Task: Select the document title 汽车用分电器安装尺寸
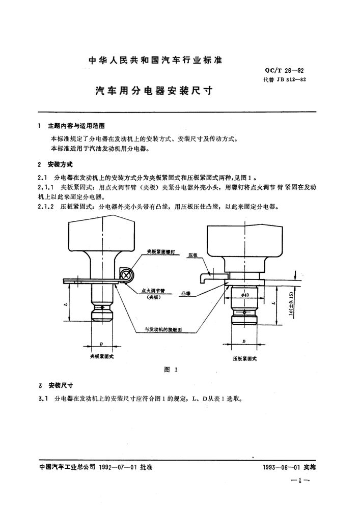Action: pos(154,91)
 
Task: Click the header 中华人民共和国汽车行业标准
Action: pos(155,61)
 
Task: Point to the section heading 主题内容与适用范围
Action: pos(76,126)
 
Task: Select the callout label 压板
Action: pos(192,256)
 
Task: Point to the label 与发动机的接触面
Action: pos(163,329)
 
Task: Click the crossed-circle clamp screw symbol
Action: pos(127,275)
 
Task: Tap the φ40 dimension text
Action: pos(245,295)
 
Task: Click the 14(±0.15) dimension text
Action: pos(291,304)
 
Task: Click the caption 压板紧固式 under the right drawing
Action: pos(245,359)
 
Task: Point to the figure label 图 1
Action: pos(171,370)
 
